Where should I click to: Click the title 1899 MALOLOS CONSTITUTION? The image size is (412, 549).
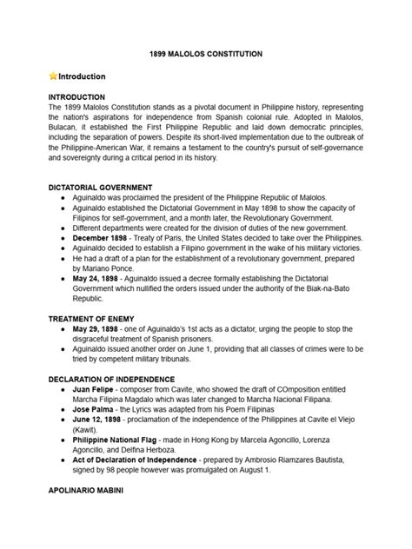[x=206, y=54]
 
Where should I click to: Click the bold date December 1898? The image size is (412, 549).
[x=113, y=236]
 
